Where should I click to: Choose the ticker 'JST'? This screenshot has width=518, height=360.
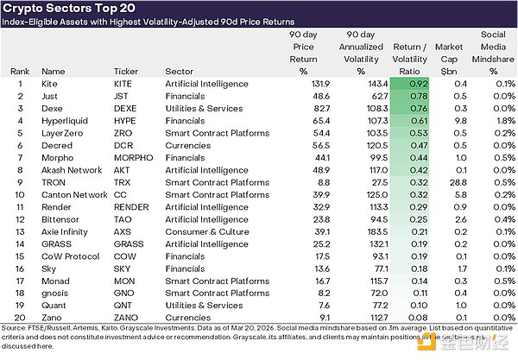pos(123,96)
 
